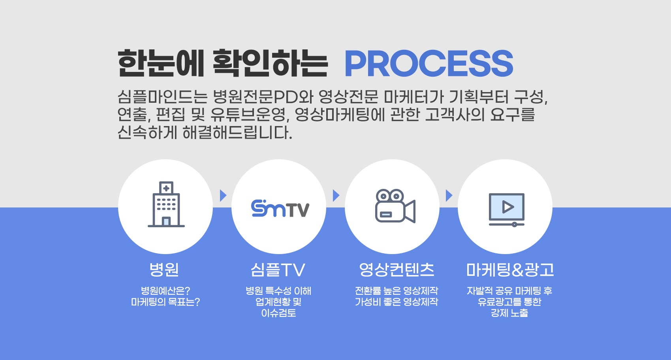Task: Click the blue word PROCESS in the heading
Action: pos(429,63)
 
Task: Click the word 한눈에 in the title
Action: pos(161,63)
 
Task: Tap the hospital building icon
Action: pos(166,204)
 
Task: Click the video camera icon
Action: pos(395,206)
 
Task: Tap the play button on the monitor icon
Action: pos(508,207)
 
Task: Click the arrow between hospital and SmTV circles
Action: pos(223,196)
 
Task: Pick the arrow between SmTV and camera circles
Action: pos(336,196)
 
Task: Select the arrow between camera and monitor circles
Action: pos(449,196)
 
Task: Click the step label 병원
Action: pos(164,269)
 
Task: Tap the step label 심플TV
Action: pos(278,269)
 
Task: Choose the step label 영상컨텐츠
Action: pos(397,269)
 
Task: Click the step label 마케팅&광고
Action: pos(510,269)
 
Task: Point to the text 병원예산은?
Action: pos(165,290)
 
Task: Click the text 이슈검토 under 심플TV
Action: pos(278,313)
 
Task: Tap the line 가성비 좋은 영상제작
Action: pos(396,302)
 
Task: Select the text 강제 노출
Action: pos(509,313)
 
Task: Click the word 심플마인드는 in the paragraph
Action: pos(162,96)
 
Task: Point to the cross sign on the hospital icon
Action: pos(166,188)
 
